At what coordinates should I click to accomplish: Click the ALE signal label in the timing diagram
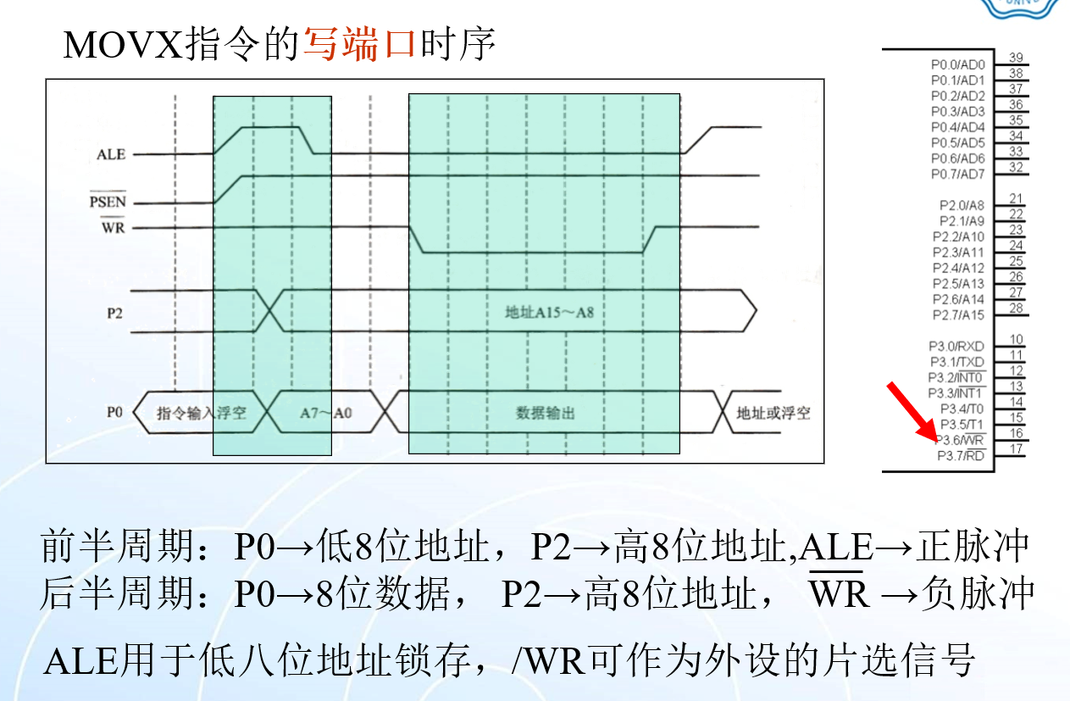[111, 154]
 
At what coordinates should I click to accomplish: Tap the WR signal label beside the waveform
[113, 227]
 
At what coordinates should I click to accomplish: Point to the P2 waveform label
[115, 311]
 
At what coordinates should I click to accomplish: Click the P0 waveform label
[115, 412]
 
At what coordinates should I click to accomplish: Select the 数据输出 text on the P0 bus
[546, 413]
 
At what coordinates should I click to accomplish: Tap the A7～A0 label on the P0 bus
[326, 413]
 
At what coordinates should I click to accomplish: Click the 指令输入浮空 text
[202, 413]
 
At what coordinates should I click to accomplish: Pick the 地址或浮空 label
[773, 413]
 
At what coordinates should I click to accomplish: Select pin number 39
[1016, 58]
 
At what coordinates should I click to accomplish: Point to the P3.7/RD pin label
[961, 456]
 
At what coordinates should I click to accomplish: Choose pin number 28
[1016, 308]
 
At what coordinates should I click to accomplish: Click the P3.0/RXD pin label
[956, 347]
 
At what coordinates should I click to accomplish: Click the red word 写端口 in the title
[359, 44]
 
